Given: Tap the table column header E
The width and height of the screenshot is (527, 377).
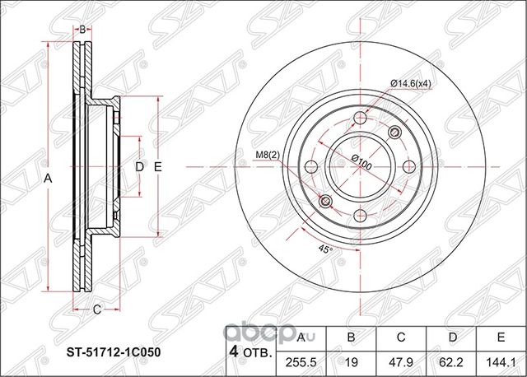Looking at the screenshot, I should coord(500,337).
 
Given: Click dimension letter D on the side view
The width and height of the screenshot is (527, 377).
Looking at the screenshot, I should coord(139,167).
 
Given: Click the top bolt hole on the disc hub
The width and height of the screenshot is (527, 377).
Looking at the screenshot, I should coord(360,118).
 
